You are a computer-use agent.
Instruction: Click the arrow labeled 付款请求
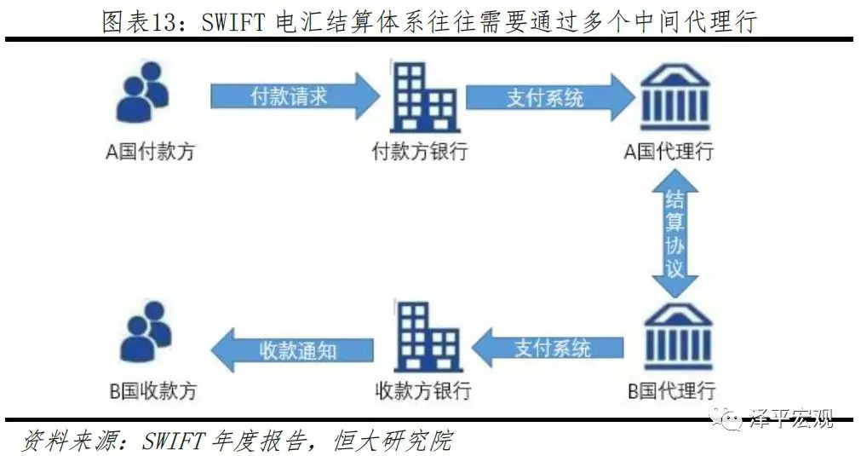tap(295, 96)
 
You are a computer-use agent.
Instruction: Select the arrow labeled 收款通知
tap(291, 350)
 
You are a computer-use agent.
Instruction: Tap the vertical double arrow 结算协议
tap(674, 233)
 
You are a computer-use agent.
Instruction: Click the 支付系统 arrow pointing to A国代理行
tap(550, 98)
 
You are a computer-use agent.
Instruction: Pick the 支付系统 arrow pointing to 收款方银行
tap(548, 348)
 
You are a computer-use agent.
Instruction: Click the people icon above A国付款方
tap(143, 92)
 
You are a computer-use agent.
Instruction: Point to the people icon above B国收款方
tap(146, 332)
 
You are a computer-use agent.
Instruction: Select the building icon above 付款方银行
tap(424, 97)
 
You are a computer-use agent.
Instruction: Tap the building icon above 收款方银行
tap(428, 336)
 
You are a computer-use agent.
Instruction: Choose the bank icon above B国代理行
tap(678, 336)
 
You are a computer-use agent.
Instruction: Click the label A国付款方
tap(151, 152)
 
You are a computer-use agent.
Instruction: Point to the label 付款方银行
tap(420, 151)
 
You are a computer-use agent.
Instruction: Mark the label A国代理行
tap(669, 151)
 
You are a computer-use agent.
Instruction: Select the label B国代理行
tap(672, 390)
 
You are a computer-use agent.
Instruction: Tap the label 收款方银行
tap(422, 390)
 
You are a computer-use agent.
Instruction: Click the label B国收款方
tap(152, 390)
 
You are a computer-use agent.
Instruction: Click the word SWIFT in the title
tap(233, 22)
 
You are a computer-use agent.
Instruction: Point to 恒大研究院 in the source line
tap(393, 441)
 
